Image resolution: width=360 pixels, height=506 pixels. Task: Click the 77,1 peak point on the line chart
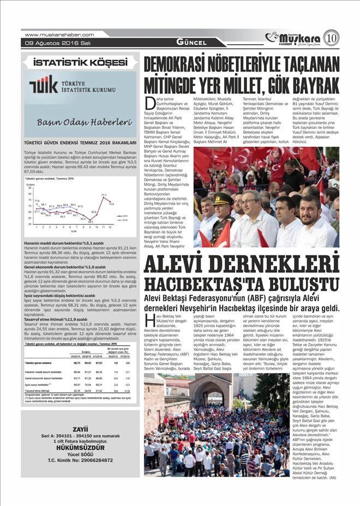pyautogui.click(x=104, y=198)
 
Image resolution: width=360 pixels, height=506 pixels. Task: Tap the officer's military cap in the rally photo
pyautogui.click(x=223, y=199)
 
